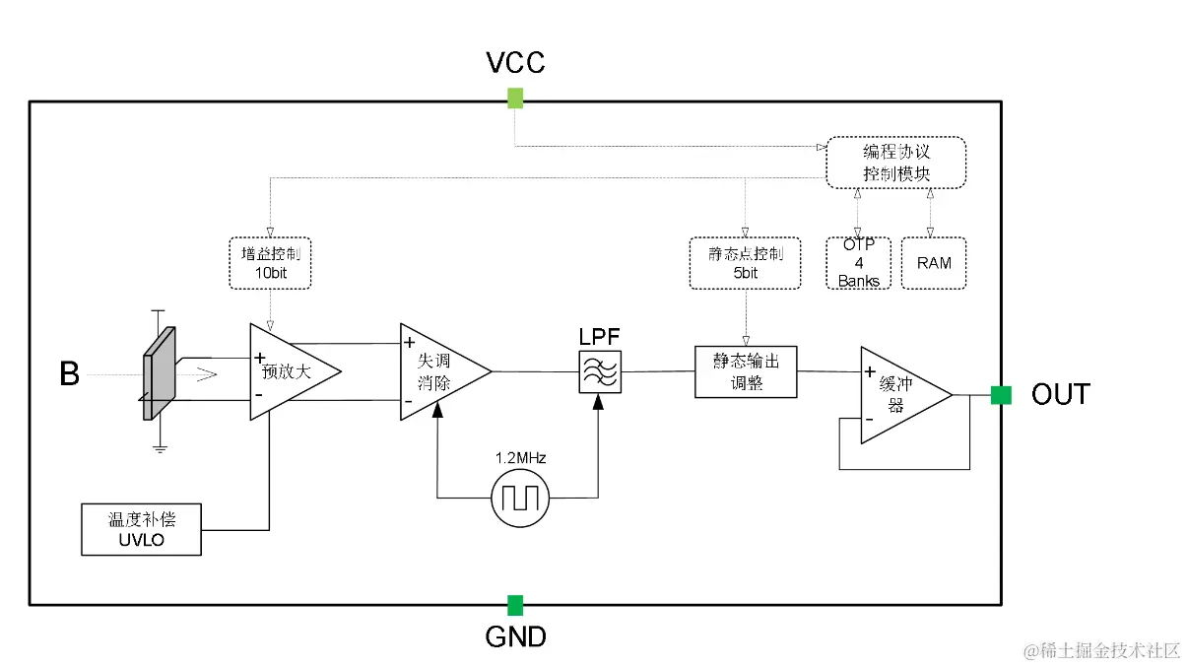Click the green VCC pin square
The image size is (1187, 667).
pyautogui.click(x=515, y=99)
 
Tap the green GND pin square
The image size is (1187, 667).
pyautogui.click(x=515, y=606)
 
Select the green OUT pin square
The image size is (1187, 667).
pyautogui.click(x=1001, y=395)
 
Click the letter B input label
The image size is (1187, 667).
pyautogui.click(x=69, y=373)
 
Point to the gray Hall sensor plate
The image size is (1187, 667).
pyautogui.click(x=159, y=373)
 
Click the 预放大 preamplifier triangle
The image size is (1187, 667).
pyautogui.click(x=296, y=371)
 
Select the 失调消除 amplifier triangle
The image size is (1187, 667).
pyautogui.click(x=445, y=371)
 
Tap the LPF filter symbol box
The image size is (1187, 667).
pyautogui.click(x=600, y=371)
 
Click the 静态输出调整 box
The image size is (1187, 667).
pyautogui.click(x=746, y=371)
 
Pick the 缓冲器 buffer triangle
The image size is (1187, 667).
pyautogui.click(x=906, y=395)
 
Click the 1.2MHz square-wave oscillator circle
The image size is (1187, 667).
pyautogui.click(x=520, y=499)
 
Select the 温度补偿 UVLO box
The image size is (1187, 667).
pyautogui.click(x=141, y=530)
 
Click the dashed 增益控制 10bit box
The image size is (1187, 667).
pyautogui.click(x=270, y=263)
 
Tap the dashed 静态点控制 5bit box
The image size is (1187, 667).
pyautogui.click(x=745, y=263)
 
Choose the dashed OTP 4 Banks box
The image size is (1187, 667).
pyautogui.click(x=858, y=263)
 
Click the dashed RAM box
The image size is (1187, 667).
pyautogui.click(x=934, y=263)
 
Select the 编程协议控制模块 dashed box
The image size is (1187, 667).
pyautogui.click(x=896, y=163)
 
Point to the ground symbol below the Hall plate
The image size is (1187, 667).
pyautogui.click(x=160, y=448)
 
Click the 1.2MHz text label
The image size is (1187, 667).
pyautogui.click(x=520, y=457)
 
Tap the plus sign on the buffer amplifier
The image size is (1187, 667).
pyautogui.click(x=870, y=371)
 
